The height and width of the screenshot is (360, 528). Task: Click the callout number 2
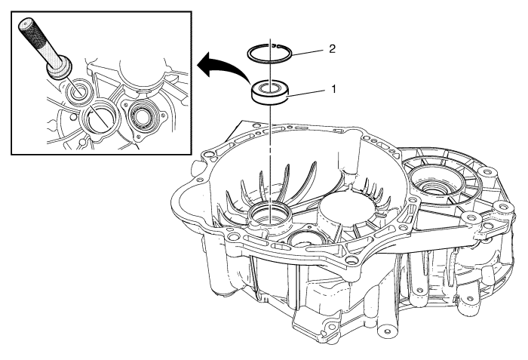pos(332,49)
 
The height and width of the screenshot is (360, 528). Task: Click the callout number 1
pos(333,90)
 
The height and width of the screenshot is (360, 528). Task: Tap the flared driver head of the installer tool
pos(60,69)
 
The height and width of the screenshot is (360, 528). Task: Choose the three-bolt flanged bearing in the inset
pos(143,117)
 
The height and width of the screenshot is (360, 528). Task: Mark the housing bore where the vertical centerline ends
pos(270,217)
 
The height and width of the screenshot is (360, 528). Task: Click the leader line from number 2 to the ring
pos(308,52)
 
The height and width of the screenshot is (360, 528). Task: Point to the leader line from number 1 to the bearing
pos(306,94)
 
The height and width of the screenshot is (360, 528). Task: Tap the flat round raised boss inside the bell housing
pos(346,210)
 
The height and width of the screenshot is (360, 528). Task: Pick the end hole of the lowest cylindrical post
pos(386,331)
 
